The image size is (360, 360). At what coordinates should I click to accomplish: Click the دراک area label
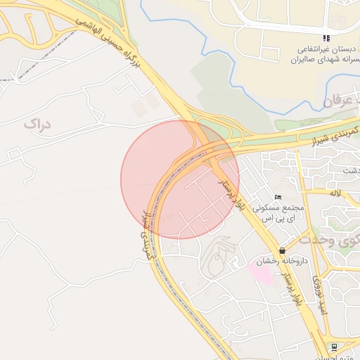(37, 124)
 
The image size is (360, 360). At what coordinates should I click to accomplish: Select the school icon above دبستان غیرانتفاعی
(325, 38)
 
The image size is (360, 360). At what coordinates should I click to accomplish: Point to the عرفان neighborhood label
(341, 103)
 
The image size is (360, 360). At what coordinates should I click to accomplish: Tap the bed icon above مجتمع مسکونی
(278, 198)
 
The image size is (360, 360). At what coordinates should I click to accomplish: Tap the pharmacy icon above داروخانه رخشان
(282, 250)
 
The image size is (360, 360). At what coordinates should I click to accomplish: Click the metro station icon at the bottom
(333, 346)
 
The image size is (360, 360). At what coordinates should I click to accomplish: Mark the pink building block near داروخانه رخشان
(261, 271)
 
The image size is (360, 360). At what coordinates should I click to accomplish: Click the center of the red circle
(180, 179)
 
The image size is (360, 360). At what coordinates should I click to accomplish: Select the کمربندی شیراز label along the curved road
(148, 232)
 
